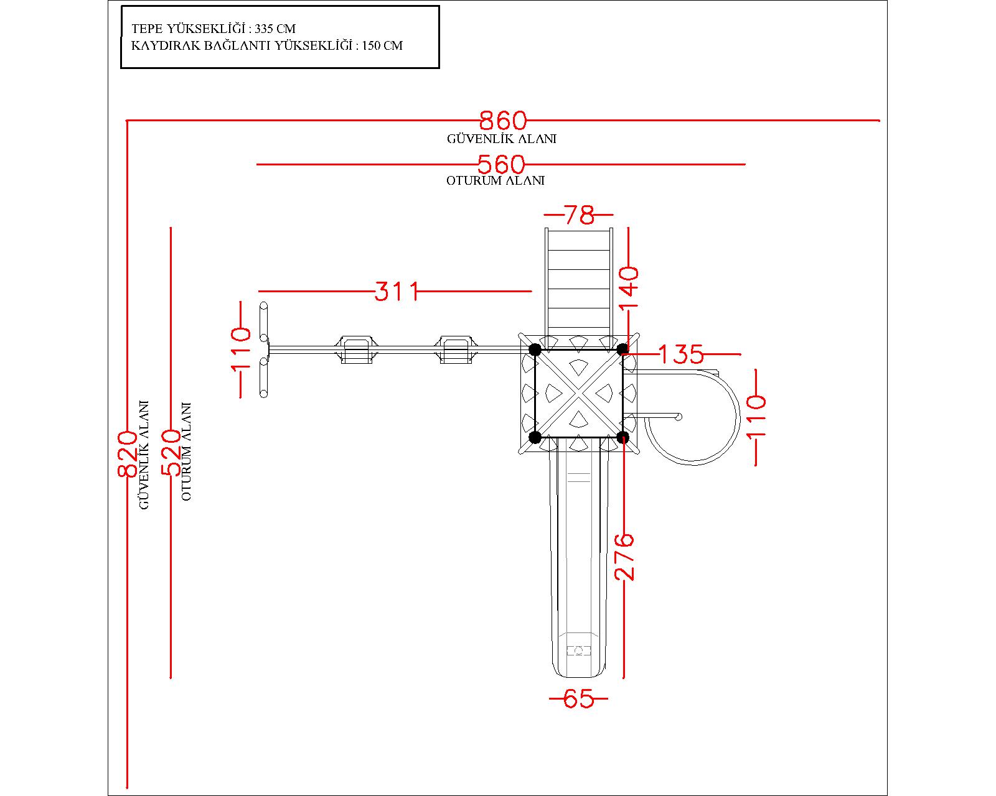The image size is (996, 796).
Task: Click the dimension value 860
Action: (503, 121)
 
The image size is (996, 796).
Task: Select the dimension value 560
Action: (502, 164)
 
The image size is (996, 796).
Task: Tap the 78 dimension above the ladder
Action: (580, 215)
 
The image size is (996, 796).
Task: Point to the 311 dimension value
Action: (397, 292)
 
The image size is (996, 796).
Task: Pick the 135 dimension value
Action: (681, 354)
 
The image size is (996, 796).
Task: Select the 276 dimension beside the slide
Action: (624, 557)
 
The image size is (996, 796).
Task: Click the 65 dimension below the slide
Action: (578, 699)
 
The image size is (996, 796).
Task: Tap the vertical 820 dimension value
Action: (127, 454)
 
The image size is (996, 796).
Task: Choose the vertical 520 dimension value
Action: (171, 453)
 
